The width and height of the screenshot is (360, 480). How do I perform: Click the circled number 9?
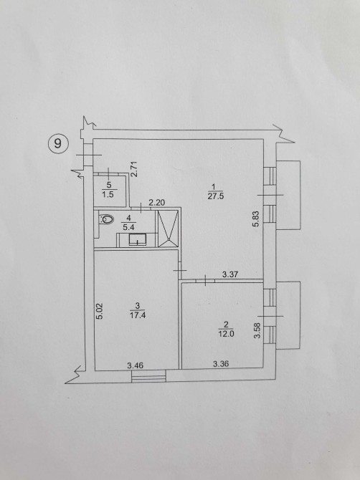pyautogui.click(x=57, y=143)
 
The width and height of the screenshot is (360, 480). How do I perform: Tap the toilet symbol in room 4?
pyautogui.click(x=106, y=219)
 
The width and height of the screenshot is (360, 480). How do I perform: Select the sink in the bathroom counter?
pyautogui.click(x=137, y=239)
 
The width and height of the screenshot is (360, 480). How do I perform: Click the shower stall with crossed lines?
pyautogui.click(x=168, y=228)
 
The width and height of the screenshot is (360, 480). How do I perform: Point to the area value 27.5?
pyautogui.click(x=216, y=196)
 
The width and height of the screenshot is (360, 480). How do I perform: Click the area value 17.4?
pyautogui.click(x=138, y=315)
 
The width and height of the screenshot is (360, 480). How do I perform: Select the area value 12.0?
pyautogui.click(x=226, y=334)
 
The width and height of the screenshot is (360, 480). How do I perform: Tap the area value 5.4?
pyautogui.click(x=128, y=227)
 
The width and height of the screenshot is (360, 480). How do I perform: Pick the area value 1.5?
pyautogui.click(x=108, y=194)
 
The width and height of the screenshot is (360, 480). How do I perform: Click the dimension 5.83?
pyautogui.click(x=256, y=219)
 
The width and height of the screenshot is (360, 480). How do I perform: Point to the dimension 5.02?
pyautogui.click(x=100, y=311)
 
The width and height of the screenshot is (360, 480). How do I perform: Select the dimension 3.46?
pyautogui.click(x=135, y=365)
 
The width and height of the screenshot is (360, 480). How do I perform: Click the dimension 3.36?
pyautogui.click(x=221, y=364)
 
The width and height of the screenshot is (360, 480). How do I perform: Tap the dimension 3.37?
pyautogui.click(x=230, y=274)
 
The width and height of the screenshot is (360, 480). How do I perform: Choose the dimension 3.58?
pyautogui.click(x=257, y=330)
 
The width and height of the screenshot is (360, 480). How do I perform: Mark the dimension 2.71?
pyautogui.click(x=134, y=169)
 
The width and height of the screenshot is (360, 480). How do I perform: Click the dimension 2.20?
pyautogui.click(x=157, y=203)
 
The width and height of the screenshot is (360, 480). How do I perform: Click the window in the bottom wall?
pyautogui.click(x=148, y=376)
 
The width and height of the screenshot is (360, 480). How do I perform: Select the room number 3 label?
pyautogui.click(x=138, y=305)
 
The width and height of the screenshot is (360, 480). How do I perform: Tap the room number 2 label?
pyautogui.click(x=226, y=325)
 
